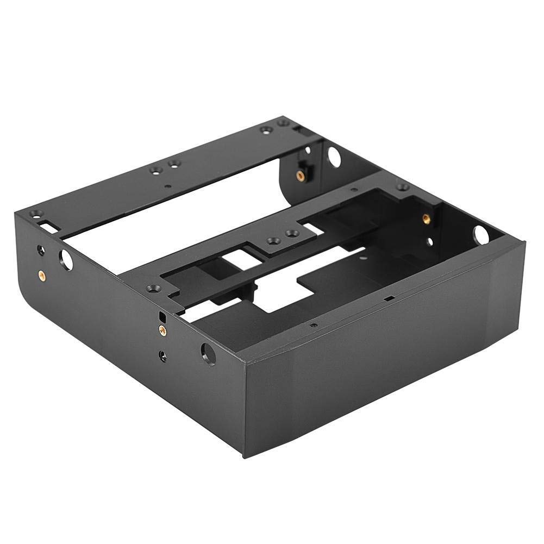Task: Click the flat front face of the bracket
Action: point(380,380)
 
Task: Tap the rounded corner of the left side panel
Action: point(27,293)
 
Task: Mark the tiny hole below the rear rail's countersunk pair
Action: point(167,185)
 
